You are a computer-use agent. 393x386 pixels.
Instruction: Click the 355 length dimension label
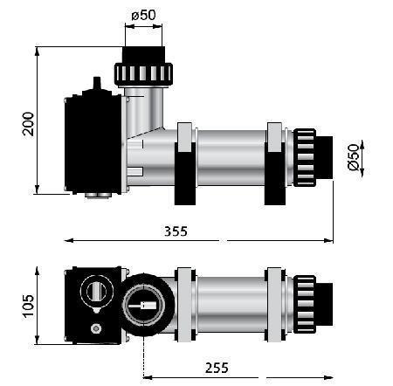(x=176, y=231)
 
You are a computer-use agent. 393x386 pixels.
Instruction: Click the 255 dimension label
(x=217, y=368)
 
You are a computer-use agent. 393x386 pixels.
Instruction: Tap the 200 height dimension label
(x=28, y=124)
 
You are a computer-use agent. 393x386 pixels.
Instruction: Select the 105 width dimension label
(x=28, y=307)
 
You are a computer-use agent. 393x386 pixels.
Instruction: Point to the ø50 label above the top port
(x=143, y=15)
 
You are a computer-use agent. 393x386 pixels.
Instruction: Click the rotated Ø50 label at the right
(x=354, y=157)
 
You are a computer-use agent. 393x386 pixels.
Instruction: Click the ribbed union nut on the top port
(x=143, y=74)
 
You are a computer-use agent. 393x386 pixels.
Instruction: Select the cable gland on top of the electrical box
(x=97, y=83)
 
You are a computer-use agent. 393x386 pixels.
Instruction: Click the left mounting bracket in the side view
(x=185, y=164)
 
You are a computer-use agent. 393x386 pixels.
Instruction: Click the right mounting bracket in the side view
(x=275, y=164)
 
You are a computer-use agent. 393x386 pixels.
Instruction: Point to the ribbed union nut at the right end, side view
(x=305, y=157)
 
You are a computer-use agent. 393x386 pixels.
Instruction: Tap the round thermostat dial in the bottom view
(x=97, y=291)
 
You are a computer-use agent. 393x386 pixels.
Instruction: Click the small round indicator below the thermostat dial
(x=96, y=328)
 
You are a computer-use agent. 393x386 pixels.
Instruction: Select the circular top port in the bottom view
(x=143, y=305)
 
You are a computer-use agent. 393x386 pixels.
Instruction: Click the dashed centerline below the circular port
(x=143, y=356)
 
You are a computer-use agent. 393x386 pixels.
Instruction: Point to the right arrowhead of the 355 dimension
(x=328, y=240)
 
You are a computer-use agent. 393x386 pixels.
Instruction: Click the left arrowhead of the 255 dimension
(x=148, y=377)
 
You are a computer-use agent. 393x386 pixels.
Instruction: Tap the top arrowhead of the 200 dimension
(x=37, y=52)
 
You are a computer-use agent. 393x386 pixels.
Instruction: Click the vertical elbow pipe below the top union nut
(x=144, y=112)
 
